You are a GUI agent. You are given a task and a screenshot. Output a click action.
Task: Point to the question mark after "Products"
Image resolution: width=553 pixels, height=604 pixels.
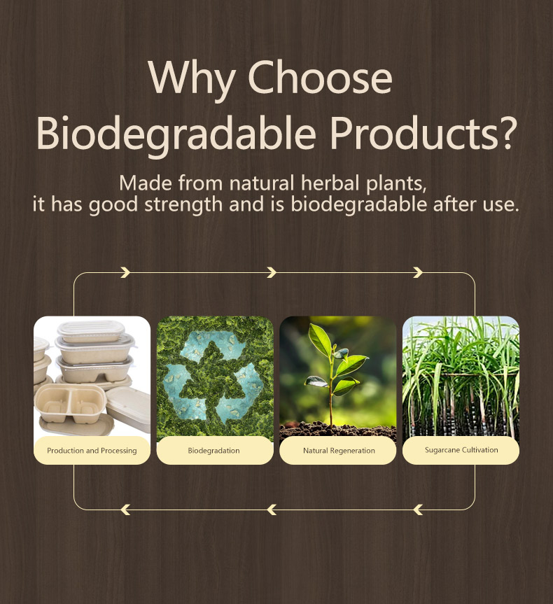504,132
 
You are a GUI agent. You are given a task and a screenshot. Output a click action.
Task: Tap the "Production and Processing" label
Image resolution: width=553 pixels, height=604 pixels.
92,451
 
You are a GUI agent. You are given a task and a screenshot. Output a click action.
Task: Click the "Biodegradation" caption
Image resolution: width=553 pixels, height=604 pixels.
214,450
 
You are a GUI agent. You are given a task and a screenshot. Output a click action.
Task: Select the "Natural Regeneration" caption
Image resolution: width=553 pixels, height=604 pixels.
339,451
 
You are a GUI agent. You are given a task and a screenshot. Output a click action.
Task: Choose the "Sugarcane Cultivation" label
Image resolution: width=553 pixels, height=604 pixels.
461,450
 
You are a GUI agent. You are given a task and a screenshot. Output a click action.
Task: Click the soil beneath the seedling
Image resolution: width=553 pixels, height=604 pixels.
337,430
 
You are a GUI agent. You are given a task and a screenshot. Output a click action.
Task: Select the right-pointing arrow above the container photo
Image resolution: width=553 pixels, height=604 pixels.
125,272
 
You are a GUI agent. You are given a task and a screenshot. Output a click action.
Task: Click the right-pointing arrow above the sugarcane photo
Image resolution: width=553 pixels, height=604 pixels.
418,272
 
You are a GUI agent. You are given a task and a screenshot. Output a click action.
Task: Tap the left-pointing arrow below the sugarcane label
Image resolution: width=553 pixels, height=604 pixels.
418,510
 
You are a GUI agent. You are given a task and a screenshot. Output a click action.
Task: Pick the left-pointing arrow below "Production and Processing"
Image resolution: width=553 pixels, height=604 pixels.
125,510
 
